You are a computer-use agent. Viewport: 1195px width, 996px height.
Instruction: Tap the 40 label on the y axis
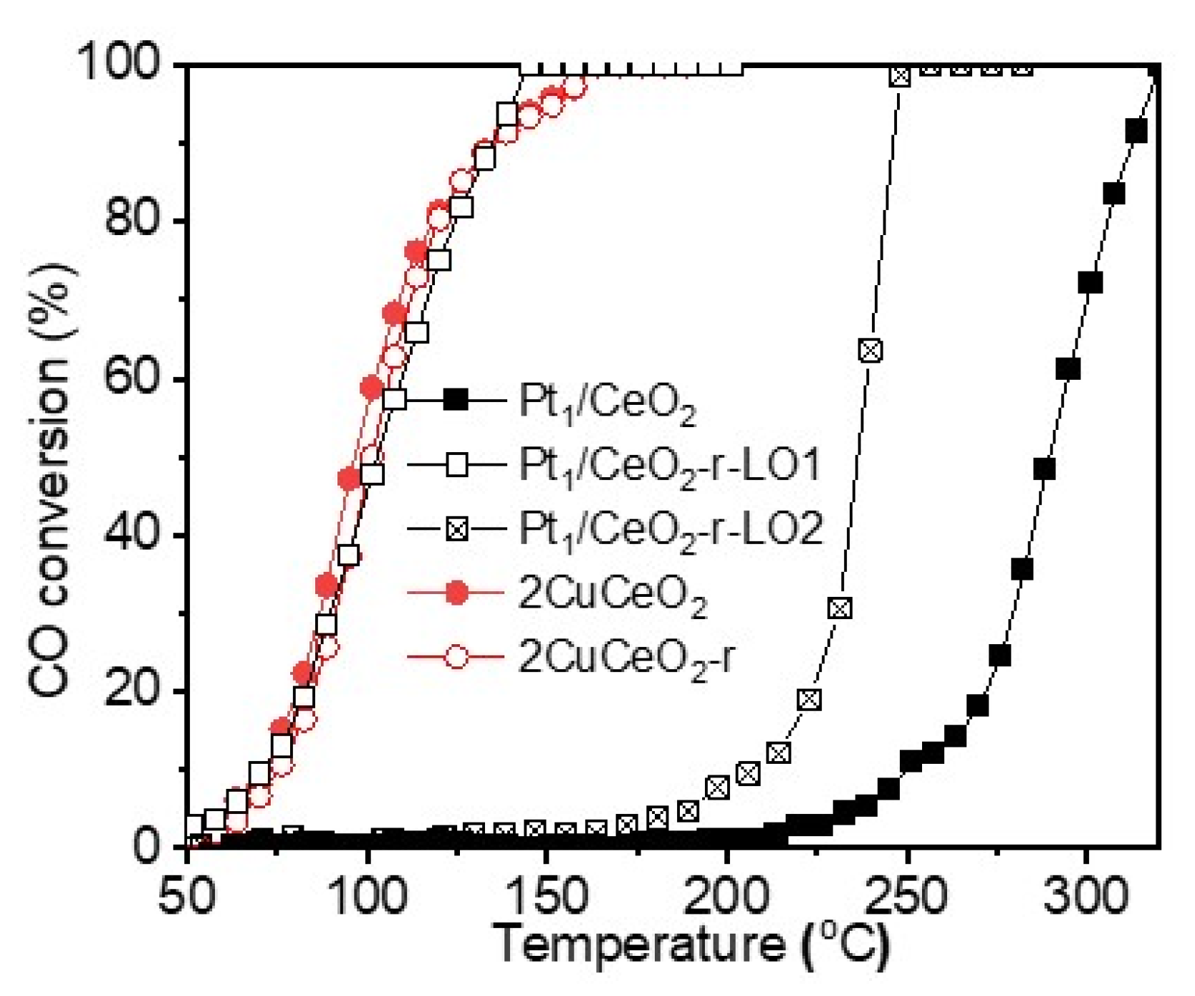coord(133,534)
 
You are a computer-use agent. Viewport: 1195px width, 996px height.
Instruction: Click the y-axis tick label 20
coord(133,690)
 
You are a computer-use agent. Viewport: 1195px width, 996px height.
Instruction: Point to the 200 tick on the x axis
coord(725,896)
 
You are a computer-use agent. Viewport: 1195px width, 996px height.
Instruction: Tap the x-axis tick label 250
coord(906,896)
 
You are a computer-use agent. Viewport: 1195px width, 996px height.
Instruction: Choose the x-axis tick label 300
coord(1085,896)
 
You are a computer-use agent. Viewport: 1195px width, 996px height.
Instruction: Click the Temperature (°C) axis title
coord(692,944)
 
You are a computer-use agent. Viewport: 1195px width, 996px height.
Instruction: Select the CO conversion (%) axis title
coord(52,479)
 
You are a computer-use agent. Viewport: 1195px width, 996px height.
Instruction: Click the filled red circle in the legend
coord(456,593)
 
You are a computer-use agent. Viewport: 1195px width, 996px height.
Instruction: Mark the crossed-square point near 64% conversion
coord(870,350)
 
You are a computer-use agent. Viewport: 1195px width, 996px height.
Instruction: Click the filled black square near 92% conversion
coord(1136,132)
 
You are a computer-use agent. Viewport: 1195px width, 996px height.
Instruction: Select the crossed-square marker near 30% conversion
coord(840,608)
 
